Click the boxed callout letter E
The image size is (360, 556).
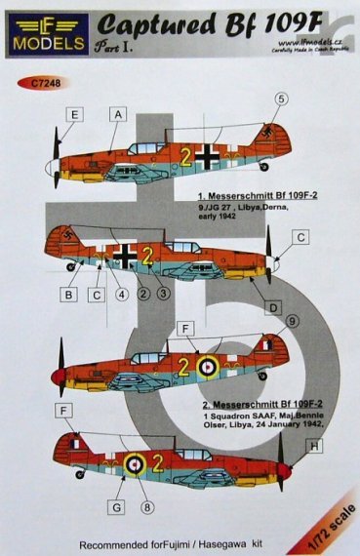[x=49, y=115]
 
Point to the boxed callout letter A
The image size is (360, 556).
[x=118, y=115]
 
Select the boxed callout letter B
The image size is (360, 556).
[x=69, y=295]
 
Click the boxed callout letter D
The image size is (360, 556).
[x=274, y=308]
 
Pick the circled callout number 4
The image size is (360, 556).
[x=123, y=295]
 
